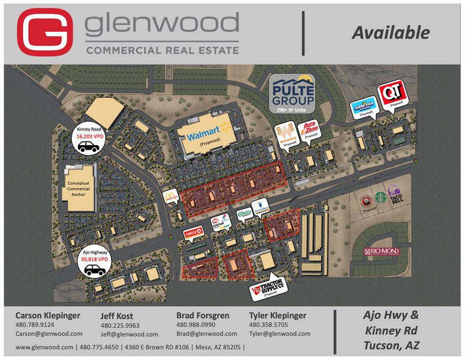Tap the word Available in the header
point(390,32)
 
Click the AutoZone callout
point(310,130)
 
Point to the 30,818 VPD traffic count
point(94,260)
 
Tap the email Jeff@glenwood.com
point(129,334)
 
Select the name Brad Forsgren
point(203,315)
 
